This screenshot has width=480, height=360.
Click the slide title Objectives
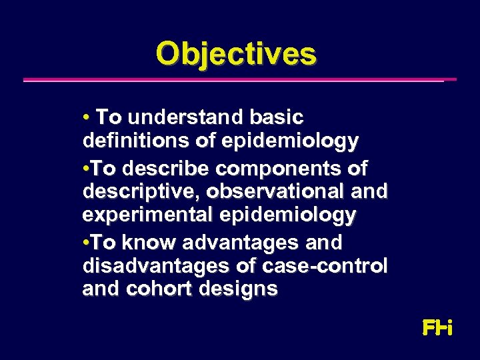236,54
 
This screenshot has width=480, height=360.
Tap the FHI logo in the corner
437,328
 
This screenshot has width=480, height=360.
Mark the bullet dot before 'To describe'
86,167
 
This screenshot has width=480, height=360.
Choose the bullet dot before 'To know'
86,241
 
